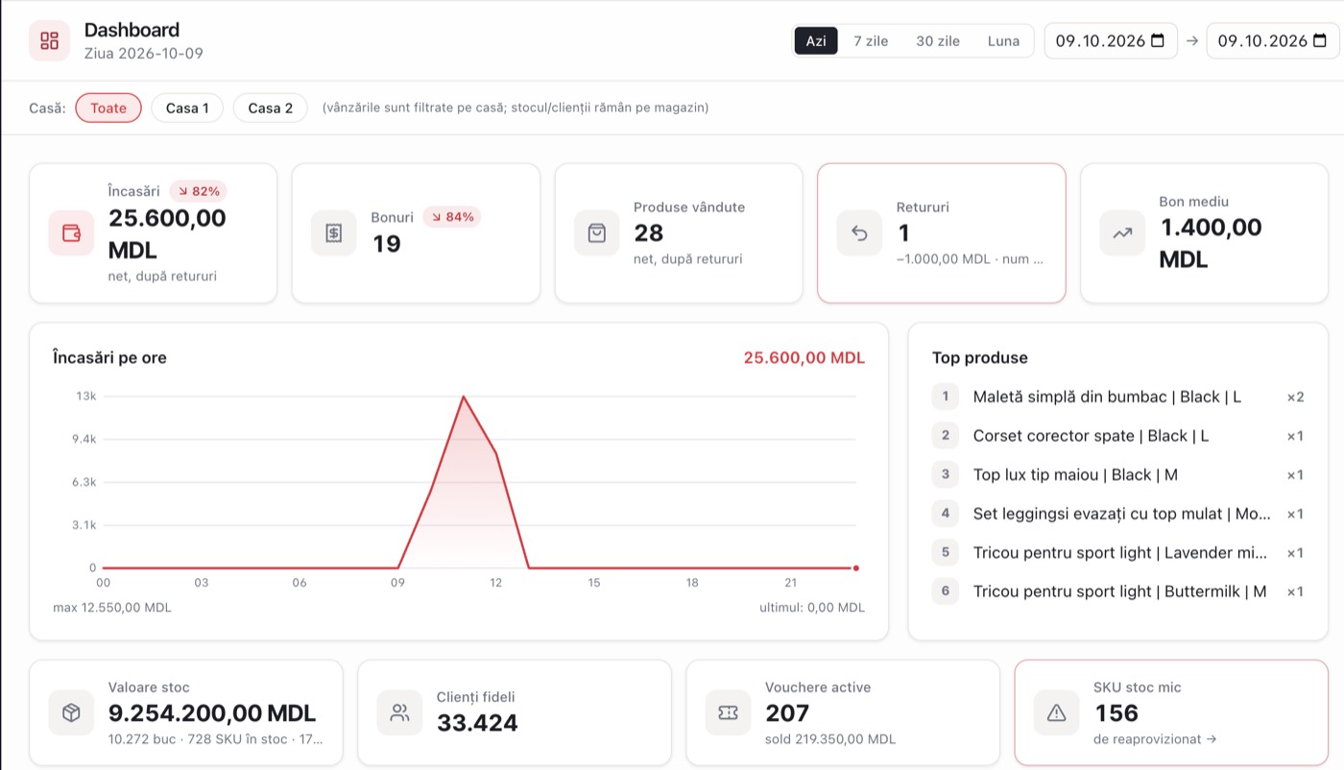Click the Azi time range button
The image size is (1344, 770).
coord(815,41)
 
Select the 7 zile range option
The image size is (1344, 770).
coord(871,41)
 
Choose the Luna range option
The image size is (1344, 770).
coord(1003,41)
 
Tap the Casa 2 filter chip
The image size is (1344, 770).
coord(270,108)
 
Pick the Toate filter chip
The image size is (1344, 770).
coord(108,108)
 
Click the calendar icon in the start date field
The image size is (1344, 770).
coord(1158,40)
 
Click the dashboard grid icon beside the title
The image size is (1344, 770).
coord(49,41)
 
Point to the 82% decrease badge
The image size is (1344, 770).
coord(199,191)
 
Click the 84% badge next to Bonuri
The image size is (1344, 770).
coord(452,217)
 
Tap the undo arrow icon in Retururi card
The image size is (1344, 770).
coord(859,233)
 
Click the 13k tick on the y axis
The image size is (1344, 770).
coord(85,397)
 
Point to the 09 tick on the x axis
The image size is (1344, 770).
coord(397,582)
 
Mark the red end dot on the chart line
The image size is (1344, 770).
coord(856,567)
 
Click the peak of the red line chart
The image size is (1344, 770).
coord(463,397)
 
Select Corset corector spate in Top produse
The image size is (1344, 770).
coord(1091,436)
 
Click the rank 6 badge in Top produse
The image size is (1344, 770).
coord(945,591)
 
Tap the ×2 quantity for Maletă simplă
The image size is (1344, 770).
coord(1295,397)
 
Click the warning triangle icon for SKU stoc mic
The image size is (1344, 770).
coord(1056,713)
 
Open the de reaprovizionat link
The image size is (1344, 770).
coord(1154,738)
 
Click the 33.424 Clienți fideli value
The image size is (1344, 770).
coord(477,723)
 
